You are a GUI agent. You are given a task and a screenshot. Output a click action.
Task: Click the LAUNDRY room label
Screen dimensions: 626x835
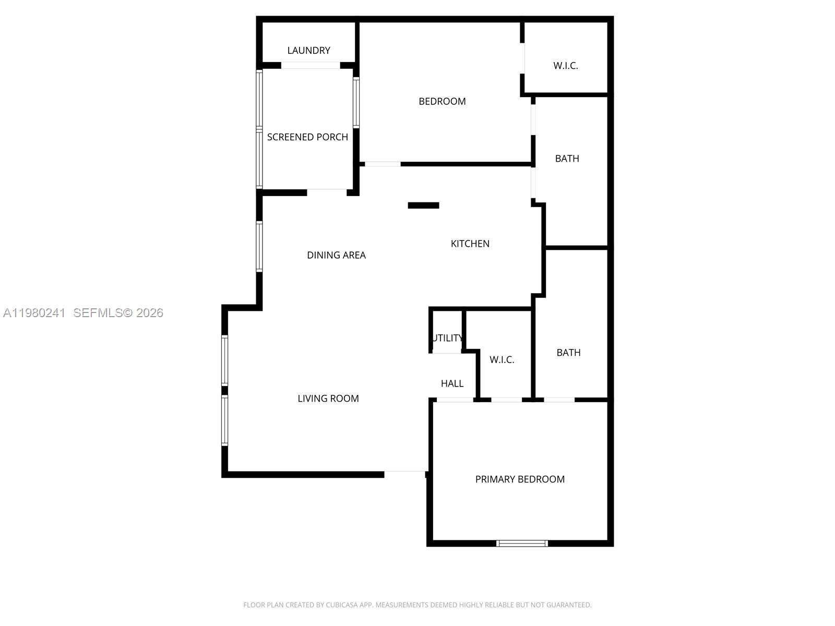click(308, 51)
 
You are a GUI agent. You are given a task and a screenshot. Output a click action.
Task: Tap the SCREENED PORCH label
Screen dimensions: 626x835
click(307, 137)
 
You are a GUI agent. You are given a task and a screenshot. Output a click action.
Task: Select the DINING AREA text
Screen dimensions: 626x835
click(336, 255)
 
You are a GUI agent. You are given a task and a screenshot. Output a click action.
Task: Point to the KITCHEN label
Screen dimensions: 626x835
click(470, 244)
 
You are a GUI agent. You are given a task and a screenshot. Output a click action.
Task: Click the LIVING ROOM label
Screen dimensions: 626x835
click(328, 399)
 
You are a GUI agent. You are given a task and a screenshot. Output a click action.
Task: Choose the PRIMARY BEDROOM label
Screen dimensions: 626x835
click(520, 479)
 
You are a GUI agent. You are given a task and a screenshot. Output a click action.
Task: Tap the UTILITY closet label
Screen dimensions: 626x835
click(447, 338)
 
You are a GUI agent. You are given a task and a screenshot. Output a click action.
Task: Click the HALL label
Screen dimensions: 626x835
click(452, 384)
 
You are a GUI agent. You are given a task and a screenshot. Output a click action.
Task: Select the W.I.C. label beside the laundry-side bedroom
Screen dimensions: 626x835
click(565, 66)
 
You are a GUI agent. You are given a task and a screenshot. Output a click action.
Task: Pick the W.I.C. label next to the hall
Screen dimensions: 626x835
click(502, 360)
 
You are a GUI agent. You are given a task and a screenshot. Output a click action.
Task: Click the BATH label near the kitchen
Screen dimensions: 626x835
click(567, 159)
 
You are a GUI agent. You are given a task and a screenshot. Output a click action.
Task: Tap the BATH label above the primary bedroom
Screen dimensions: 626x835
click(568, 353)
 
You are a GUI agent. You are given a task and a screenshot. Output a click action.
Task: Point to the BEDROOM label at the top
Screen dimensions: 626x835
click(442, 101)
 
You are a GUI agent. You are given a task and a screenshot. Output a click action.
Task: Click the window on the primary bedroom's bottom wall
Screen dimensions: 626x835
click(522, 543)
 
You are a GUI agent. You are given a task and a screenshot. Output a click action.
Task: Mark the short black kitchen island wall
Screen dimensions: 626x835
click(423, 206)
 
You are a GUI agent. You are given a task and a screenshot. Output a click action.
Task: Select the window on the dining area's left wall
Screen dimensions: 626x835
click(259, 247)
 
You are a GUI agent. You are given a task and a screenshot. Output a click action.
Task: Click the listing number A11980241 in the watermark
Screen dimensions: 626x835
click(34, 313)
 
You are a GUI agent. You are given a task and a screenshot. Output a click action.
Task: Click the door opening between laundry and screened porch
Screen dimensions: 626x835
click(311, 66)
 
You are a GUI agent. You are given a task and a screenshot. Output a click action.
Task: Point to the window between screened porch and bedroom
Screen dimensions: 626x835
click(356, 102)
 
